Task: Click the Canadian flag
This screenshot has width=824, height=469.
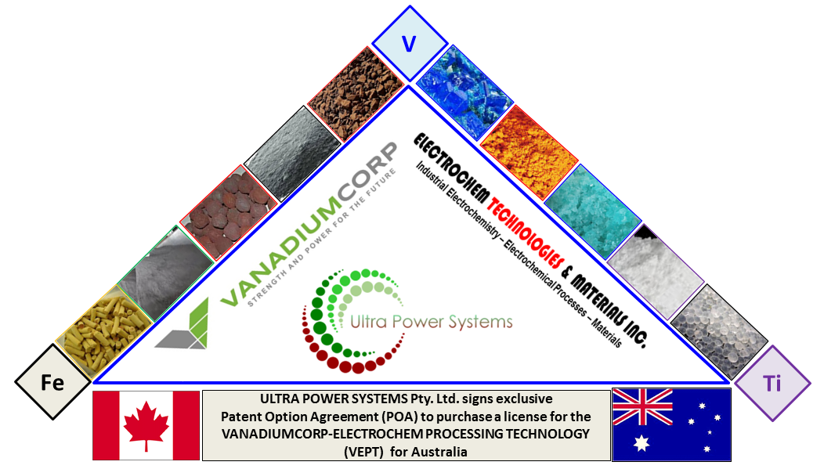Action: pyautogui.click(x=146, y=425)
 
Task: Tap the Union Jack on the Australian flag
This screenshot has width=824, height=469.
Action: pyautogui.click(x=641, y=407)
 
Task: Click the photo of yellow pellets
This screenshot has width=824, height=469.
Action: pyautogui.click(x=105, y=328)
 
